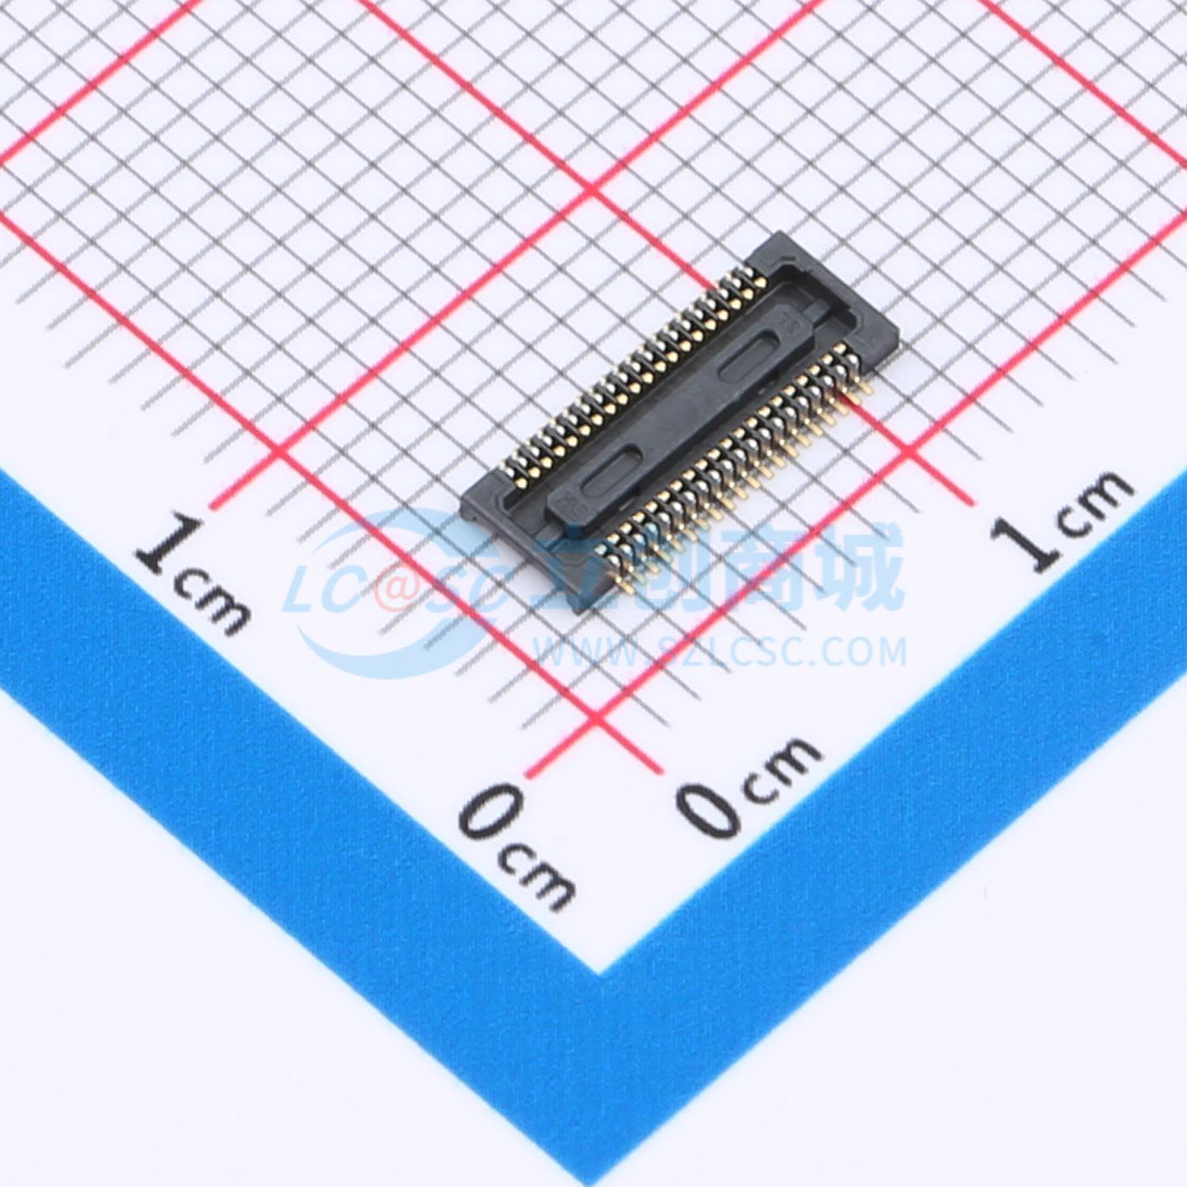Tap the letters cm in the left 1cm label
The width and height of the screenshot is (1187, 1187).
click(x=215, y=602)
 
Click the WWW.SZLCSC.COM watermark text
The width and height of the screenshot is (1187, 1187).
click(x=721, y=651)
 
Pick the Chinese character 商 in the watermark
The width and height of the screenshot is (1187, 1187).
click(x=766, y=569)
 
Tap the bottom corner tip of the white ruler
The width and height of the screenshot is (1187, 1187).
click(x=600, y=973)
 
